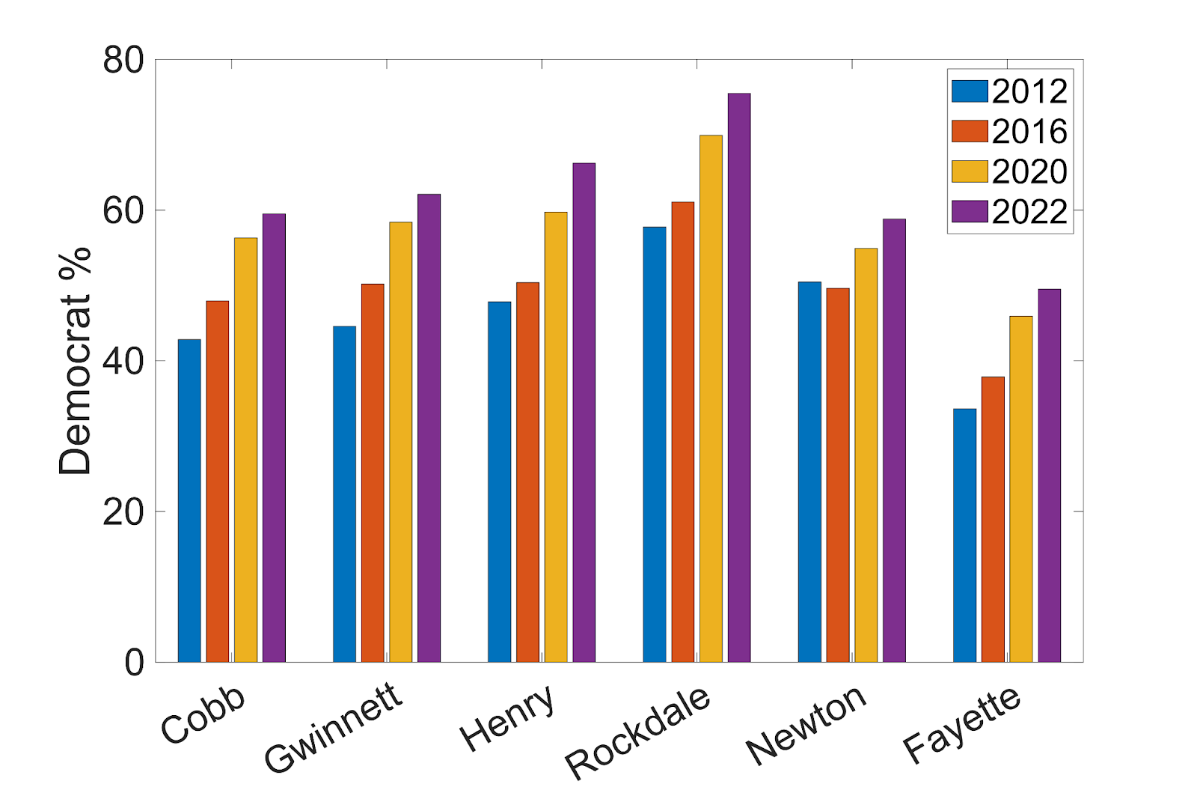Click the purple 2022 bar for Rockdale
click(739, 377)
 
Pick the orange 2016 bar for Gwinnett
click(373, 473)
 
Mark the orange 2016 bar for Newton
click(838, 475)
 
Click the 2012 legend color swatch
click(969, 91)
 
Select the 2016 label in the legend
click(1029, 132)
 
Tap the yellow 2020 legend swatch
click(969, 171)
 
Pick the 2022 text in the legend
click(1029, 212)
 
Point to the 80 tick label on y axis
click(123, 60)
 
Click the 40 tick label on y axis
click(123, 361)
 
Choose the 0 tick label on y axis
click(134, 663)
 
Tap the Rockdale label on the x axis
click(637, 731)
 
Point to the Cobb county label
click(203, 714)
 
